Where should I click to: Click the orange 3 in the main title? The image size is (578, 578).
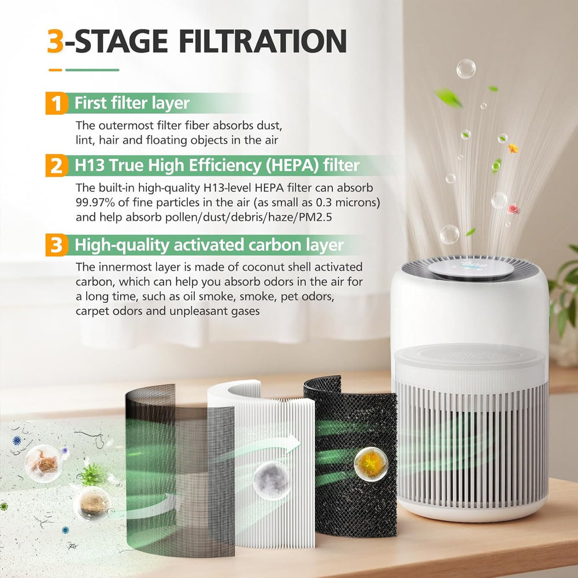(x=55, y=41)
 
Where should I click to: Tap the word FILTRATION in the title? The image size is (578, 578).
(x=263, y=41)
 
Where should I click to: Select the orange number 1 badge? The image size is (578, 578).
(x=57, y=103)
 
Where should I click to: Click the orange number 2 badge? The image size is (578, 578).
(x=57, y=165)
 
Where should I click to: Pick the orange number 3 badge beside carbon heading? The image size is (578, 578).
(x=57, y=244)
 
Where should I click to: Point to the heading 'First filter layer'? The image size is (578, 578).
(x=132, y=103)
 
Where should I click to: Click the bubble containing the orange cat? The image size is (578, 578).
(x=43, y=464)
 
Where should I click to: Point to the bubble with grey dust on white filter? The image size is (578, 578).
(x=272, y=481)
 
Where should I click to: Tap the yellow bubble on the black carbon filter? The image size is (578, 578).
(x=371, y=464)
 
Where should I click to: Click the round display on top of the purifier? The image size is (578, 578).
(x=471, y=268)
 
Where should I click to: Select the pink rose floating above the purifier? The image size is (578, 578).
(x=513, y=209)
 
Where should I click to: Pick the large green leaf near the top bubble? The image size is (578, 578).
(x=449, y=98)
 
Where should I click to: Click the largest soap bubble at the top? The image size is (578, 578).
(x=466, y=69)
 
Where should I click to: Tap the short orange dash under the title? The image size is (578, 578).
(x=55, y=70)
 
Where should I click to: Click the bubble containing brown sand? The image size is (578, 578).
(x=91, y=503)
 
